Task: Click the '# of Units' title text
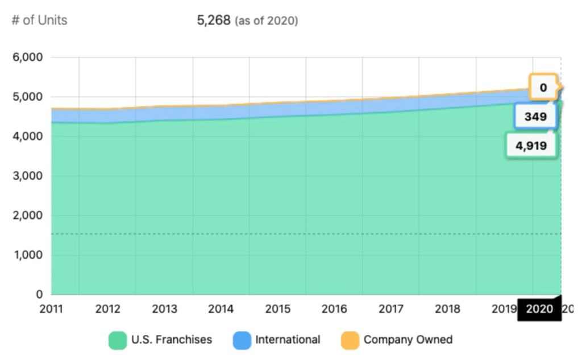pos(39,20)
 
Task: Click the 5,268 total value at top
pos(214,20)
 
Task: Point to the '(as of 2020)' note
pos(266,21)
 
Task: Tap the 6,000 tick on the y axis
pos(27,57)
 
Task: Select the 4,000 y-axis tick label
pos(27,136)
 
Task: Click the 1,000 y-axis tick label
pos(27,255)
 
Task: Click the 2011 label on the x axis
pos(52,309)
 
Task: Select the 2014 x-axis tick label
pos(221,309)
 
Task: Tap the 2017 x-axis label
pos(391,309)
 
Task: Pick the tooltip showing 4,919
pos(531,146)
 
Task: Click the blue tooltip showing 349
pos(535,117)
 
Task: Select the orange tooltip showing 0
pos(543,88)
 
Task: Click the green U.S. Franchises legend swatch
pos(118,340)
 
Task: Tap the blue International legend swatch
pos(242,340)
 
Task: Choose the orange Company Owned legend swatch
pos(350,340)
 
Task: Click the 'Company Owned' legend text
pos(408,340)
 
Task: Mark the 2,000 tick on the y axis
pos(27,216)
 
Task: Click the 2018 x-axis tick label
pos(448,309)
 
